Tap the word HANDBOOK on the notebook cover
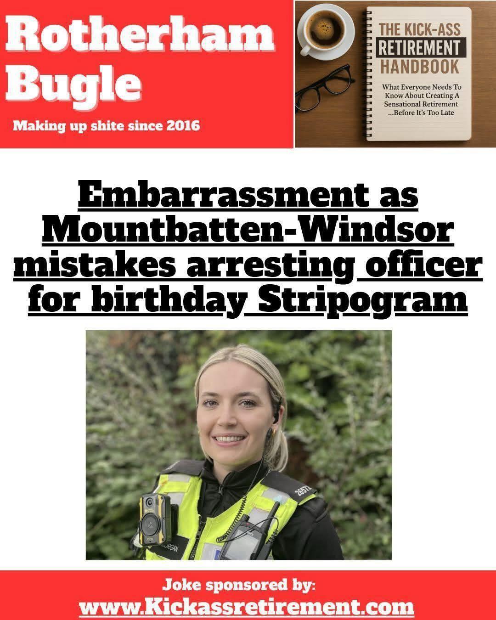click(420, 68)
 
